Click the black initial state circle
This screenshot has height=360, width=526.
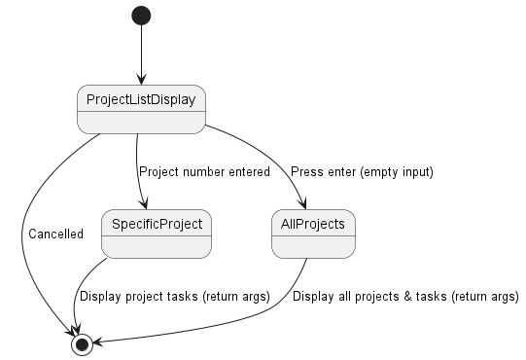pyautogui.click(x=142, y=16)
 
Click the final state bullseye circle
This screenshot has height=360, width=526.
pyautogui.click(x=82, y=343)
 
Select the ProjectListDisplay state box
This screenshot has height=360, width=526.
pyautogui.click(x=141, y=108)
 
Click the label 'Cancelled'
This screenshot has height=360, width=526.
pyautogui.click(x=55, y=234)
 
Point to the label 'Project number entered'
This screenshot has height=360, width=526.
pyautogui.click(x=204, y=172)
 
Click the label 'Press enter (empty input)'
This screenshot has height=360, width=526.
pyautogui.click(x=362, y=172)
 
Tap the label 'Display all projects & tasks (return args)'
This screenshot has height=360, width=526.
pyautogui.click(x=405, y=297)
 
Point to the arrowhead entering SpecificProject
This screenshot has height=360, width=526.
pyautogui.click(x=145, y=205)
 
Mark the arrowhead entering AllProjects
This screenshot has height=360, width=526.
pyautogui.click(x=304, y=205)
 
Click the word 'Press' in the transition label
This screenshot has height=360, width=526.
pyautogui.click(x=307, y=172)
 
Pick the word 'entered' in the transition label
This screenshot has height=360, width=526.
pyautogui.click(x=248, y=172)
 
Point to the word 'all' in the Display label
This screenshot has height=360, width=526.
pyautogui.click(x=340, y=297)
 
